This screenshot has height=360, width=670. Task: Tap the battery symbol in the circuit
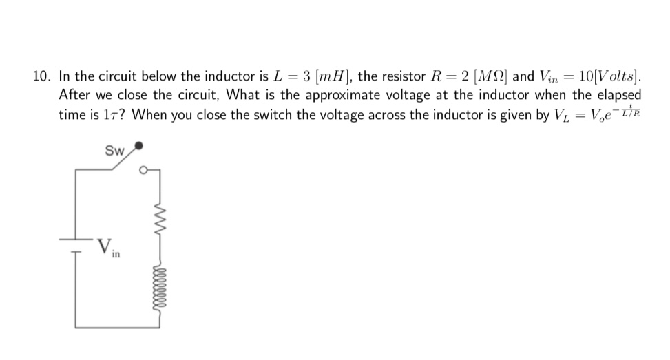coord(75,243)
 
